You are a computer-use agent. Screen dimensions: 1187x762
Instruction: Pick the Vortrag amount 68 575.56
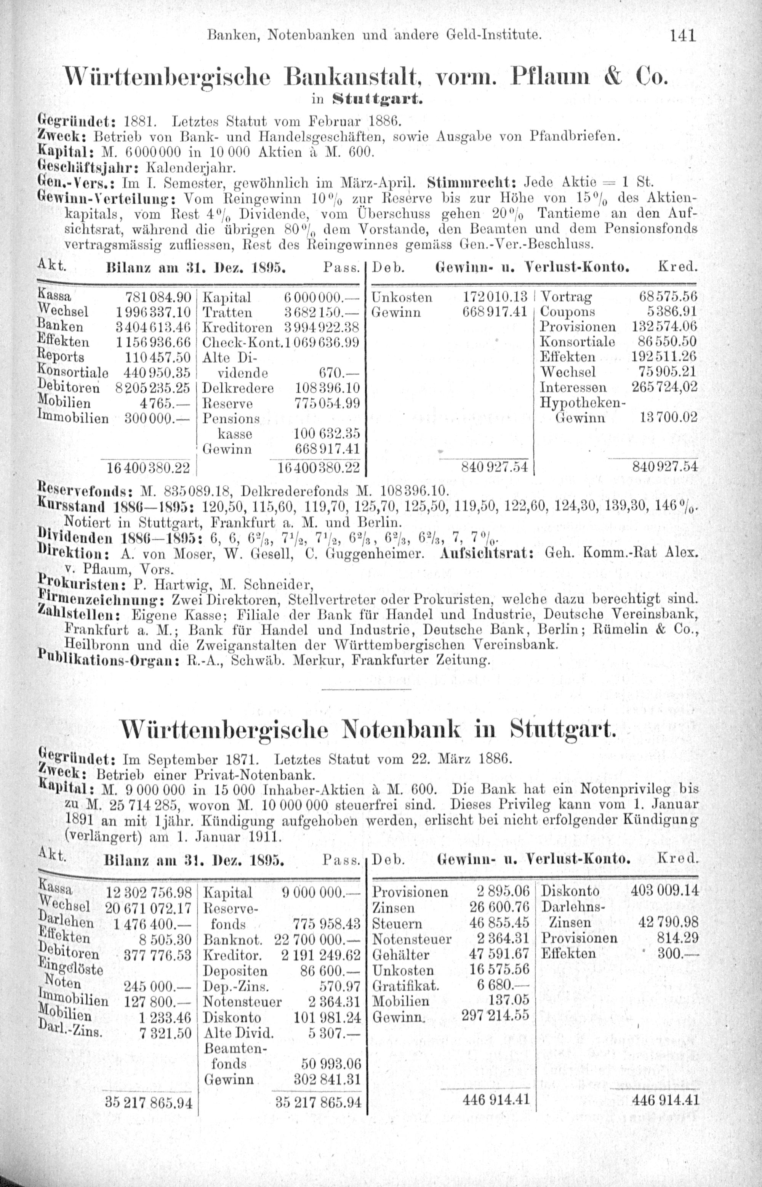[x=668, y=297]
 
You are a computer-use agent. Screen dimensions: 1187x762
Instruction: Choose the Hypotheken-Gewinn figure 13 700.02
[x=668, y=417]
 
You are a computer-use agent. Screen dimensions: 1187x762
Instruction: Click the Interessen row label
[x=573, y=387]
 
